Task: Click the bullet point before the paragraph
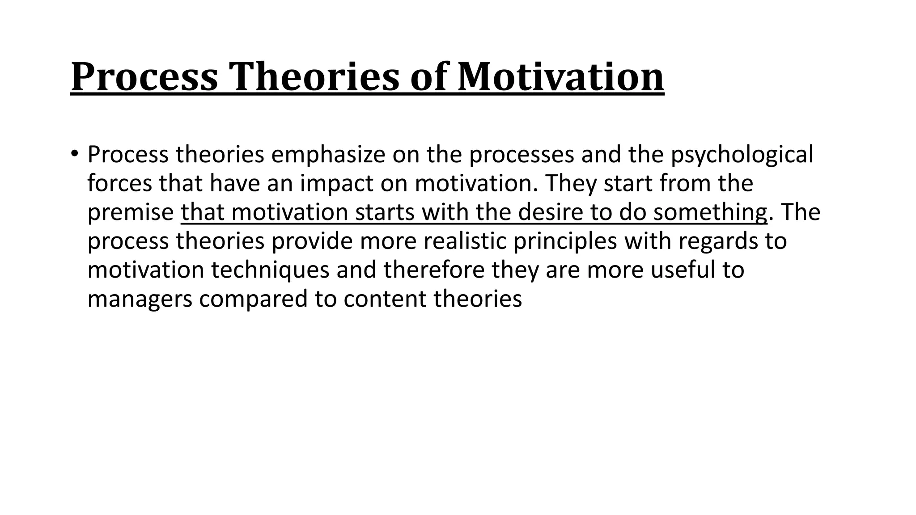(74, 153)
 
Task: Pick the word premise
(130, 212)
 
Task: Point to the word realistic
(465, 241)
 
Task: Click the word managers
(140, 299)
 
